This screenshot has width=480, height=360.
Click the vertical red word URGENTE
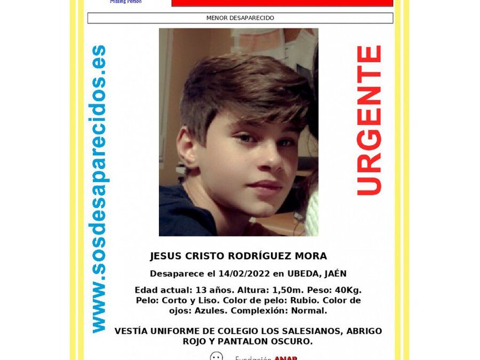(x=369, y=121)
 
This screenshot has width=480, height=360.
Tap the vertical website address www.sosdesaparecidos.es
(x=98, y=189)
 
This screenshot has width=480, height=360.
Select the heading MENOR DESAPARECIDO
(x=240, y=18)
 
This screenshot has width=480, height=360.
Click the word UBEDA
(x=303, y=274)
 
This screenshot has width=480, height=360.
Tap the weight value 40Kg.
(x=348, y=290)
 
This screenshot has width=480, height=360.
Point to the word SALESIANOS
(x=306, y=331)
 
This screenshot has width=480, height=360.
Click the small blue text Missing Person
(x=126, y=2)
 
